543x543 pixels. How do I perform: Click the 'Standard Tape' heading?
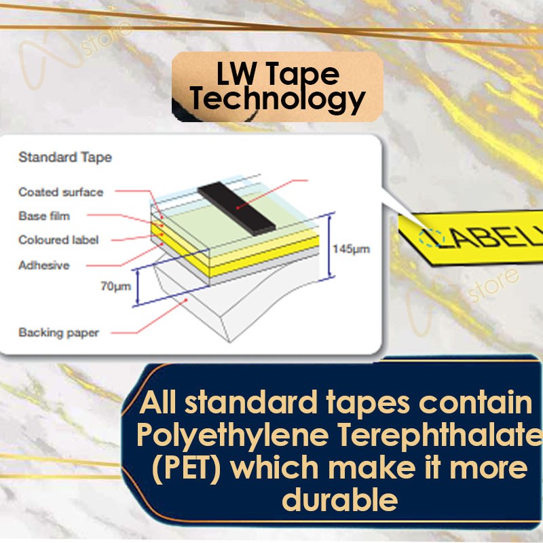click(64, 157)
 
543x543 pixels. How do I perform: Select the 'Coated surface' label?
click(60, 192)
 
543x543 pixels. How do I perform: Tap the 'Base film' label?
click(44, 217)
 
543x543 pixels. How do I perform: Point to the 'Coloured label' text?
click(58, 240)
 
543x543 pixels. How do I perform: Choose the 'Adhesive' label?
click(43, 265)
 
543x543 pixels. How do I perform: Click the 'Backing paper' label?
click(58, 333)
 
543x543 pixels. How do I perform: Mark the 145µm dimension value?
click(351, 249)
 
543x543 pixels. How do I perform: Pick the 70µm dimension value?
click(115, 286)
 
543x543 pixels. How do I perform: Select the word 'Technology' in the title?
click(277, 100)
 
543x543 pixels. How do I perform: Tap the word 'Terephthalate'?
click(434, 436)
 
